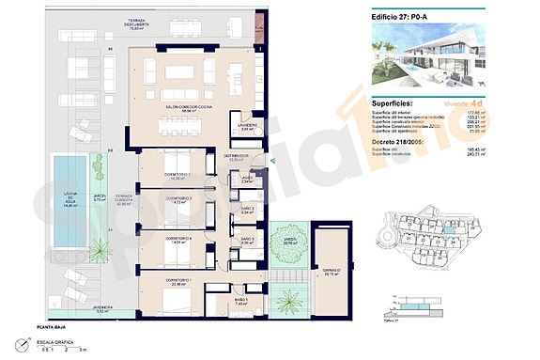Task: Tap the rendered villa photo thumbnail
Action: (434, 57)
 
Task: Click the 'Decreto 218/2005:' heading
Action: (410, 142)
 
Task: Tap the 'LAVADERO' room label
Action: (247, 126)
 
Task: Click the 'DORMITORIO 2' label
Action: (177, 175)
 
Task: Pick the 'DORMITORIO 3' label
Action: (178, 199)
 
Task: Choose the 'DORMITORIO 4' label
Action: (177, 240)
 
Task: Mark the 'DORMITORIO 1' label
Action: (177, 281)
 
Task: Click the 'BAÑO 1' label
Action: (241, 300)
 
